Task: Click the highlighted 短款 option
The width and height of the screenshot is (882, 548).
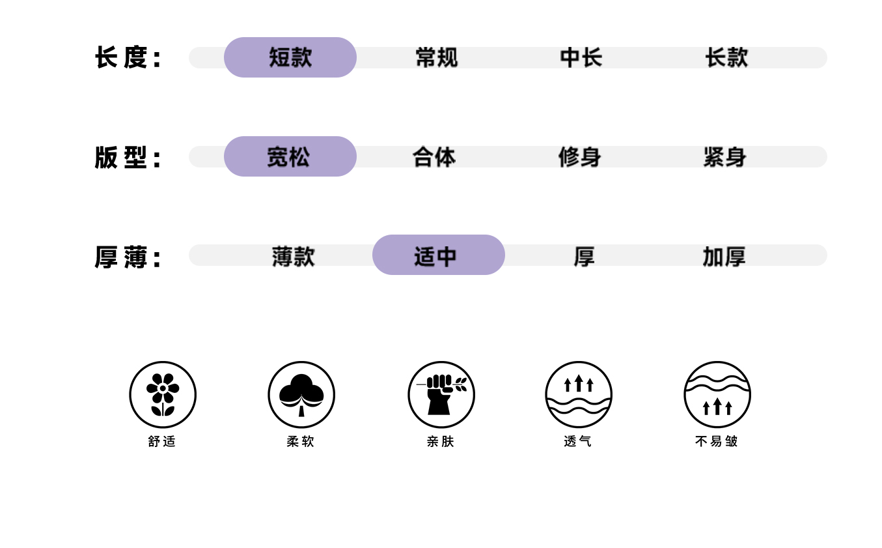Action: click(290, 57)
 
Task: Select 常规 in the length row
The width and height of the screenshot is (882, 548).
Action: click(436, 57)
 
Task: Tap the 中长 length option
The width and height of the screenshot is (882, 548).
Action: click(581, 57)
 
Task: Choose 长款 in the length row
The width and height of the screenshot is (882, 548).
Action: click(726, 57)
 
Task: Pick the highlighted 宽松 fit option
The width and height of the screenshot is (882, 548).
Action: click(290, 156)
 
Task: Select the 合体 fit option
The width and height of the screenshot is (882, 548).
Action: click(434, 156)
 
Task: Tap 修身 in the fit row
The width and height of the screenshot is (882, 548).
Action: click(579, 156)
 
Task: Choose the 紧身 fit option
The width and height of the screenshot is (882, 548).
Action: click(724, 156)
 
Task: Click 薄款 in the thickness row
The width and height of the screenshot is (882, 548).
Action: click(293, 256)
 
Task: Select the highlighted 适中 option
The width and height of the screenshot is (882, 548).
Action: click(438, 255)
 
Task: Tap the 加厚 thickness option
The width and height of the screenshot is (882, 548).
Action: click(724, 256)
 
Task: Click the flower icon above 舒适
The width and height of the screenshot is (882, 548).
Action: click(163, 394)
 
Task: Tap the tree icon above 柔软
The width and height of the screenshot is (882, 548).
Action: click(301, 394)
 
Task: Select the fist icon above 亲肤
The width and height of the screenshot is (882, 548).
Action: click(441, 394)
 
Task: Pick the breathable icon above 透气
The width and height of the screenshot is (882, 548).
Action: click(579, 394)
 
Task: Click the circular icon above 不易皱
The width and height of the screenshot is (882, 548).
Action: click(717, 394)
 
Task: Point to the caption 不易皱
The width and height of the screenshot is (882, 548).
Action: click(717, 441)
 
